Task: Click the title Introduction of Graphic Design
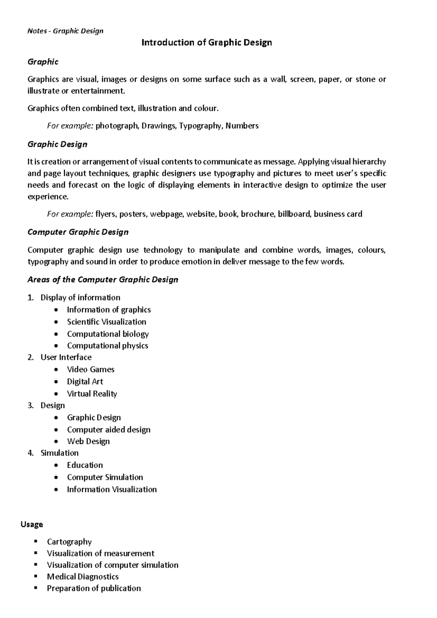click(206, 43)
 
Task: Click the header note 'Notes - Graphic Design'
click(66, 31)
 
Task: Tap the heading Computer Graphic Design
click(78, 232)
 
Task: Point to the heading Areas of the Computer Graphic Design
click(103, 280)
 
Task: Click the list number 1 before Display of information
click(30, 298)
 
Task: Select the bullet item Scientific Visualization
click(106, 322)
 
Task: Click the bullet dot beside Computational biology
click(55, 334)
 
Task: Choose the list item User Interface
click(66, 357)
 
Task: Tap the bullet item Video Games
click(90, 369)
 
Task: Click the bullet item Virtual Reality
click(92, 394)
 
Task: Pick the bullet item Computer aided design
click(109, 430)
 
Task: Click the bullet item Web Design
click(88, 441)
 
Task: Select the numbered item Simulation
click(59, 453)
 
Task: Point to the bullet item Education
click(85, 465)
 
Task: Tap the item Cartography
click(69, 542)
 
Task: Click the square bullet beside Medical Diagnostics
click(36, 576)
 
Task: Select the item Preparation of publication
click(94, 588)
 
